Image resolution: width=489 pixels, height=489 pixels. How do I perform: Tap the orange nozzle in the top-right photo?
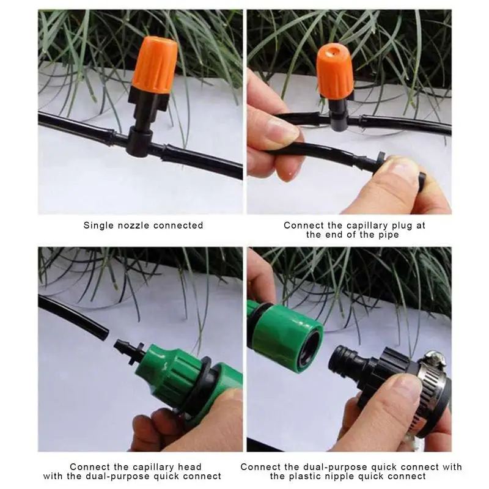click(334, 71)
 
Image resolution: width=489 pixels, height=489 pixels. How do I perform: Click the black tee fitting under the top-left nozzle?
click(140, 141)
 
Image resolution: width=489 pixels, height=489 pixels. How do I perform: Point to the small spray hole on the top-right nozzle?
click(332, 51)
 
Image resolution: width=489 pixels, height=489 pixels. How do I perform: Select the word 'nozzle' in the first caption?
click(134, 226)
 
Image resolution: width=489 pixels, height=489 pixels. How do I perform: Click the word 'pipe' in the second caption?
click(389, 235)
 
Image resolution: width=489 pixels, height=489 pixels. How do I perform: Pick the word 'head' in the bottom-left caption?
click(189, 467)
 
